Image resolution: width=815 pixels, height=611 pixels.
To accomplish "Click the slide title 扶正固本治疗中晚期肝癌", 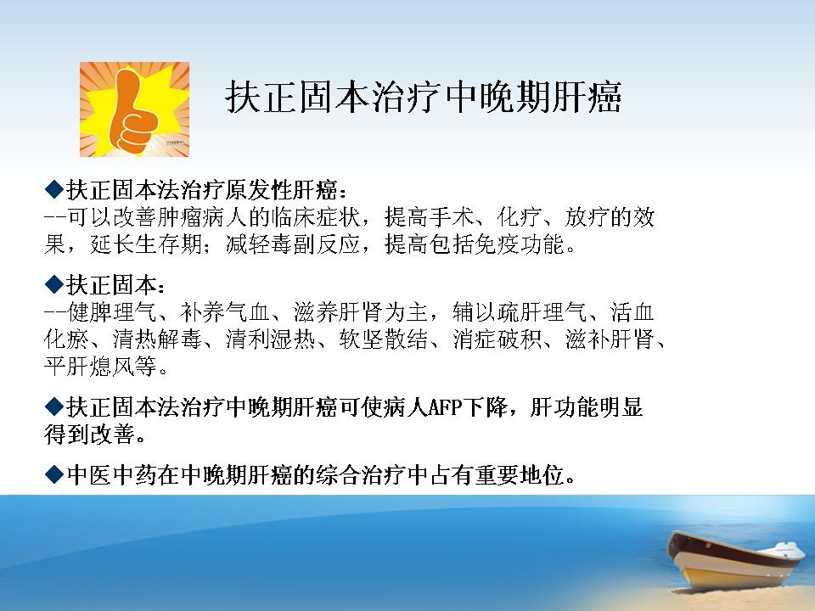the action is coord(424,97).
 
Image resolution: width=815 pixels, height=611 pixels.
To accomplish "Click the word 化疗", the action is coord(520,217).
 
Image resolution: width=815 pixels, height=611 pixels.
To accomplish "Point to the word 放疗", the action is coord(587,217).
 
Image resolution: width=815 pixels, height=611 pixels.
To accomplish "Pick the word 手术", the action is coord(452,217).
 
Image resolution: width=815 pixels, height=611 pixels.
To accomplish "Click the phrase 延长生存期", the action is coord(146,244).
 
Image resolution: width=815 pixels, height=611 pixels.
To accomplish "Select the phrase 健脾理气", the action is coord(112,312).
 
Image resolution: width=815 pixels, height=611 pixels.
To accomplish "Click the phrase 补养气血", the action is coord(225,312).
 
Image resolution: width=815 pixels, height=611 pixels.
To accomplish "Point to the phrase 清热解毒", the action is coord(157,339).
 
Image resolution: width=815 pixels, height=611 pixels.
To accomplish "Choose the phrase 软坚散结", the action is coord(384,339).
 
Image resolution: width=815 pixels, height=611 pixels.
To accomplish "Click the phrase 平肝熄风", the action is coord(89,367).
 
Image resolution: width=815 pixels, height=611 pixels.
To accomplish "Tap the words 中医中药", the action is coord(112,475).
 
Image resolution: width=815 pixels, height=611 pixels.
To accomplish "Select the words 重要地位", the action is coord(520,475).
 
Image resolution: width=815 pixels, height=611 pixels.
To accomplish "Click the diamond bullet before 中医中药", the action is coord(54,475).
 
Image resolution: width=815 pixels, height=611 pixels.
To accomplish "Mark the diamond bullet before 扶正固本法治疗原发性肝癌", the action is coord(54,189).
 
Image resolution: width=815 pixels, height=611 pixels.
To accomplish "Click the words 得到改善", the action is coord(89,434).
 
